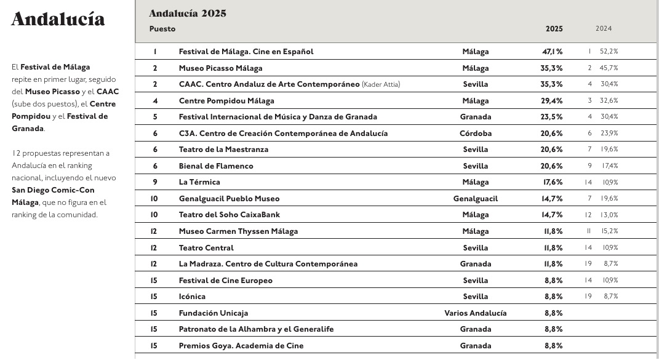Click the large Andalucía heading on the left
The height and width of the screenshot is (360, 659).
(58, 20)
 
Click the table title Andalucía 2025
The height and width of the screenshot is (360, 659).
(187, 14)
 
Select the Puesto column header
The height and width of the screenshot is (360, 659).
(162, 29)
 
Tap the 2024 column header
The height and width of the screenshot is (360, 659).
(603, 29)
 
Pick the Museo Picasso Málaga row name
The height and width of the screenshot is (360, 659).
(220, 68)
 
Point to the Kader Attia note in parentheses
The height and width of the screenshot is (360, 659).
(381, 84)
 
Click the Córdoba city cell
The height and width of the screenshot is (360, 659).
(475, 134)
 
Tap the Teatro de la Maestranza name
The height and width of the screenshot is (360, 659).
(223, 150)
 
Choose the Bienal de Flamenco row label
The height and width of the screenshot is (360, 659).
(216, 166)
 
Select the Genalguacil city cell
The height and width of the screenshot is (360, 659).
(475, 199)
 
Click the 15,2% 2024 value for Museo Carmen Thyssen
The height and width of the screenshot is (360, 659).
(610, 231)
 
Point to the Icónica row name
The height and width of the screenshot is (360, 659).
(192, 297)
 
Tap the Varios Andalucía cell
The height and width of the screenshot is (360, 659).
(475, 313)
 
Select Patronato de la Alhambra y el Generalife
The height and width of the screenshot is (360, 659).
(256, 329)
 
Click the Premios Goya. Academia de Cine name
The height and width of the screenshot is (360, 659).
(241, 346)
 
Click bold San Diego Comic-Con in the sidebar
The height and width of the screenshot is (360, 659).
(53, 190)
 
